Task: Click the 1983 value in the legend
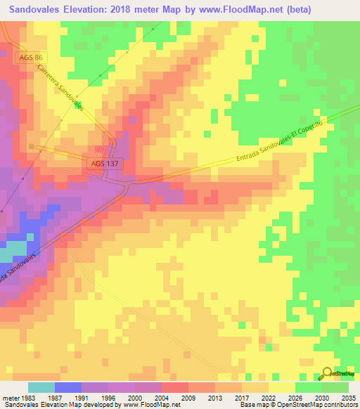click(x=28, y=398)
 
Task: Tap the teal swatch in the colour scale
click(x=41, y=387)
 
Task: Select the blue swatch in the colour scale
click(x=68, y=387)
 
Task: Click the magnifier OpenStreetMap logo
click(x=328, y=373)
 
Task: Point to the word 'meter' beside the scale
click(x=10, y=398)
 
